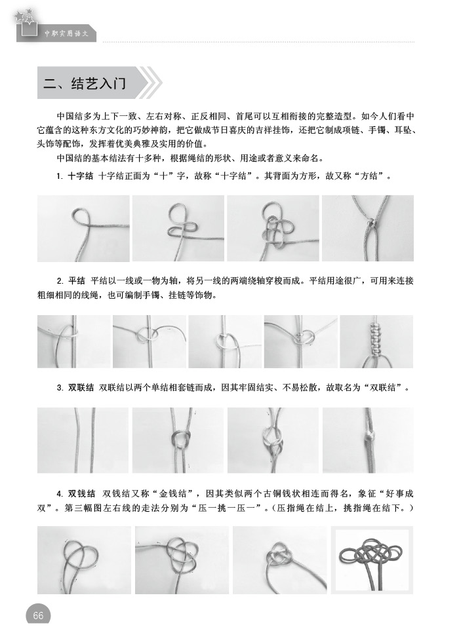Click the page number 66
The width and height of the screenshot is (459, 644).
tap(38, 615)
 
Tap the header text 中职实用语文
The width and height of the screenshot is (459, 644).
tap(67, 33)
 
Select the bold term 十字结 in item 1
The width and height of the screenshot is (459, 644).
tap(81, 176)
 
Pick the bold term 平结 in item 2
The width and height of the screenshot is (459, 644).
tap(77, 281)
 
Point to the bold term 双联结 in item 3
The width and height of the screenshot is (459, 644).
tap(81, 387)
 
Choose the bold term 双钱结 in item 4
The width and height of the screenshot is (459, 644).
tap(81, 493)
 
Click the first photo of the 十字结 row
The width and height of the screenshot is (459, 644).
tap(83, 229)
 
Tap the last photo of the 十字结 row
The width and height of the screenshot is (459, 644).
tap(368, 229)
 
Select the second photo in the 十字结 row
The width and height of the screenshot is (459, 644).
tap(178, 229)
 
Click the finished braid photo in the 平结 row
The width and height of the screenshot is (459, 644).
tap(376, 342)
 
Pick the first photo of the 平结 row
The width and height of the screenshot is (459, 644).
tap(74, 342)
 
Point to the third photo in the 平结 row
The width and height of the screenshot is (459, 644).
tap(225, 342)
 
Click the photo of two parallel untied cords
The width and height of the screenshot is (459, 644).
tap(83, 440)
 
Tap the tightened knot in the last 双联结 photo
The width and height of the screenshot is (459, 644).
tap(369, 437)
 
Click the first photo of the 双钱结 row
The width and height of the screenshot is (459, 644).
tap(84, 559)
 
